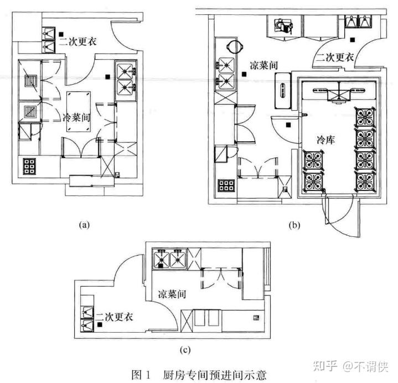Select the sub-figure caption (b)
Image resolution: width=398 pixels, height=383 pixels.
point(293,225)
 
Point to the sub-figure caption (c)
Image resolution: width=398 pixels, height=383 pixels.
point(186,349)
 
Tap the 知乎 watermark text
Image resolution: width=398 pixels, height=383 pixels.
point(324,366)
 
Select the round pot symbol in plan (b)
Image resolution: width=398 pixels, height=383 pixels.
point(235,45)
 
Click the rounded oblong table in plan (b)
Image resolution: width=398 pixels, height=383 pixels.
point(283,90)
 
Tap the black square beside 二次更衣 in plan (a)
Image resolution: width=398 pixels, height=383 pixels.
point(65,34)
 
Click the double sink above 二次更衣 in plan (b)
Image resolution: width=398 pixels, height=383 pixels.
point(359,22)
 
